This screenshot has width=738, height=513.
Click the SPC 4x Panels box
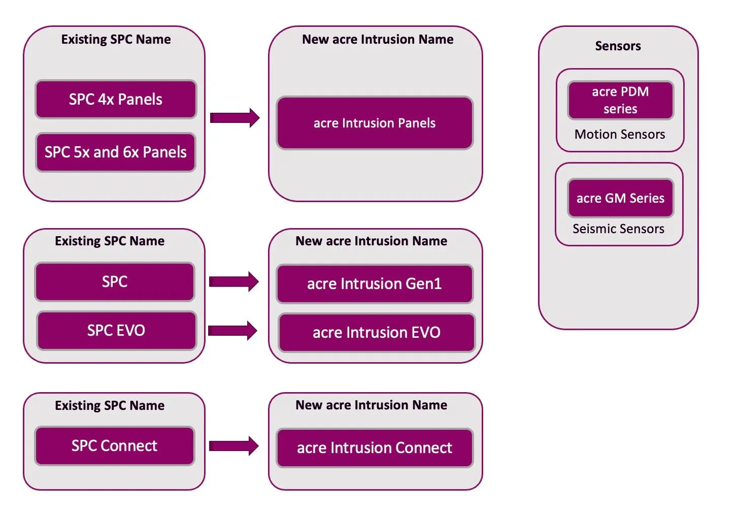click(x=116, y=99)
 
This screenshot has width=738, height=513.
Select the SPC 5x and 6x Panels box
click(x=116, y=152)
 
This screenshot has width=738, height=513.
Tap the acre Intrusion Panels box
click(x=375, y=123)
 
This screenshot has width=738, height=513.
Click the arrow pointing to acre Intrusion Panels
click(x=234, y=118)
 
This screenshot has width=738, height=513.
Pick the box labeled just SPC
click(x=115, y=281)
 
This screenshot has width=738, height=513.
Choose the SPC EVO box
click(x=116, y=330)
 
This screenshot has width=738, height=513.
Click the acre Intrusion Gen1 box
click(x=375, y=283)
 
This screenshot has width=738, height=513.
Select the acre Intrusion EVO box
click(x=377, y=332)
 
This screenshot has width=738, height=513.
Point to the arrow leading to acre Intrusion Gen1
click(x=233, y=281)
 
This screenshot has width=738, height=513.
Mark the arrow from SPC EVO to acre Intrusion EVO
click(x=232, y=331)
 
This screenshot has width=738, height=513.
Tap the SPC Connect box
click(x=114, y=445)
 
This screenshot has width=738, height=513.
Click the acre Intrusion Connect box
click(x=375, y=447)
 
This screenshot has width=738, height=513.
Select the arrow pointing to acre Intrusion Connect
click(x=233, y=446)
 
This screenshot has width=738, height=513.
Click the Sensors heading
click(x=618, y=46)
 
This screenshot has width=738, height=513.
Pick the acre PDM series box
click(x=620, y=100)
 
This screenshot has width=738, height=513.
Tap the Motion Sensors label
click(x=620, y=135)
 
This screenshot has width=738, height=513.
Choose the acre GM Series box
click(x=620, y=198)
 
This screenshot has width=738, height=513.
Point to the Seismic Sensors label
click(x=618, y=229)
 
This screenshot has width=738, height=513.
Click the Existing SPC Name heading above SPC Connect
click(x=110, y=405)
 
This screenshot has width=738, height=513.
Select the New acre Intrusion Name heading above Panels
click(x=378, y=40)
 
